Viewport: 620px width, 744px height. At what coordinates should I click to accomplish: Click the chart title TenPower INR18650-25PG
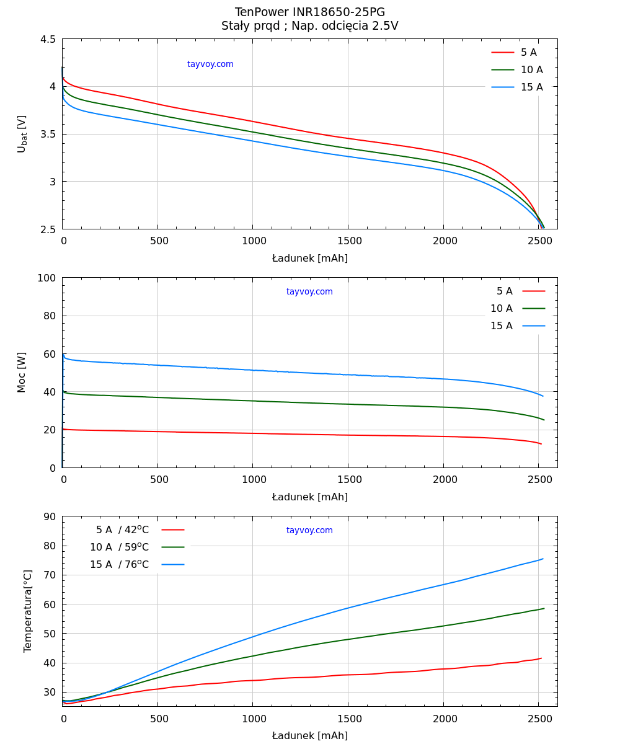[x=309, y=12]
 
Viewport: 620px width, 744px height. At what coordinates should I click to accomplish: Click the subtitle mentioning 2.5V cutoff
[x=309, y=26]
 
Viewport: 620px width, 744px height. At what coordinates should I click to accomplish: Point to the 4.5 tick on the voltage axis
[x=48, y=39]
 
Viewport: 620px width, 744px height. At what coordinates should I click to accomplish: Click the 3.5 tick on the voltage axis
[x=48, y=135]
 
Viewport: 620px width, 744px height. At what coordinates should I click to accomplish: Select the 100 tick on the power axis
[x=46, y=278]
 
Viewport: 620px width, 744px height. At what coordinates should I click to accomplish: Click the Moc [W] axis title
[x=22, y=372]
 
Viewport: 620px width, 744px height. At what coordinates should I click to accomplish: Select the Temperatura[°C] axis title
[x=28, y=611]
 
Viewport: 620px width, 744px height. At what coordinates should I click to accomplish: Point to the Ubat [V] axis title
[x=22, y=133]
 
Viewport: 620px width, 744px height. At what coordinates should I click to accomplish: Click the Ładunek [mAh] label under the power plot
[x=309, y=497]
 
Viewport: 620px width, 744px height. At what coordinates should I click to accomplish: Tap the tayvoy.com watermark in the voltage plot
[x=210, y=64]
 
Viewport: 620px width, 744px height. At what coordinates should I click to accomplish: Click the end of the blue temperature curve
[x=543, y=559]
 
